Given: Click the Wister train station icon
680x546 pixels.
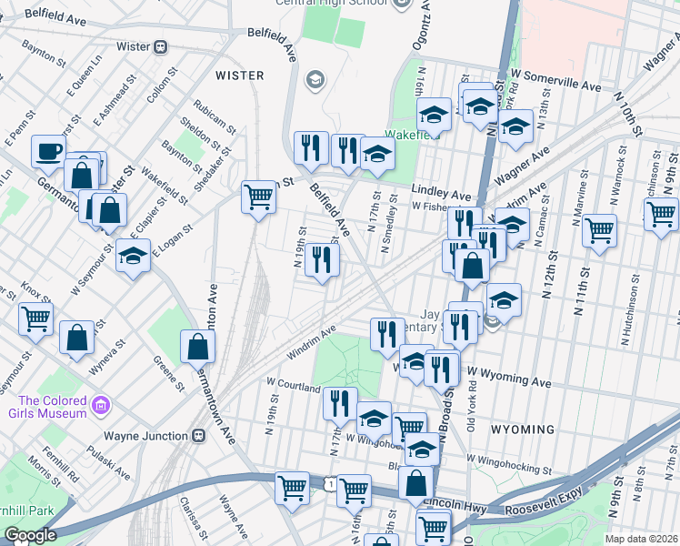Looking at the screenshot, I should [161, 46].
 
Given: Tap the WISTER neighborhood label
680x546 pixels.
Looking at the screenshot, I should [239, 76].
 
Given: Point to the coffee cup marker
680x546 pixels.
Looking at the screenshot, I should [48, 152].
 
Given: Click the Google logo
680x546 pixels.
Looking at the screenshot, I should [30, 535].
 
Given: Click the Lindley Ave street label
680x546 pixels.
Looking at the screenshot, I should [441, 195].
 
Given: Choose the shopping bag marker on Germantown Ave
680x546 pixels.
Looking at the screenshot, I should [198, 347].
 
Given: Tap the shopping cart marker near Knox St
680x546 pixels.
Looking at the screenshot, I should [35, 318].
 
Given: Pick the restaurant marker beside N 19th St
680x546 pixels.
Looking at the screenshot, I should [322, 260].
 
